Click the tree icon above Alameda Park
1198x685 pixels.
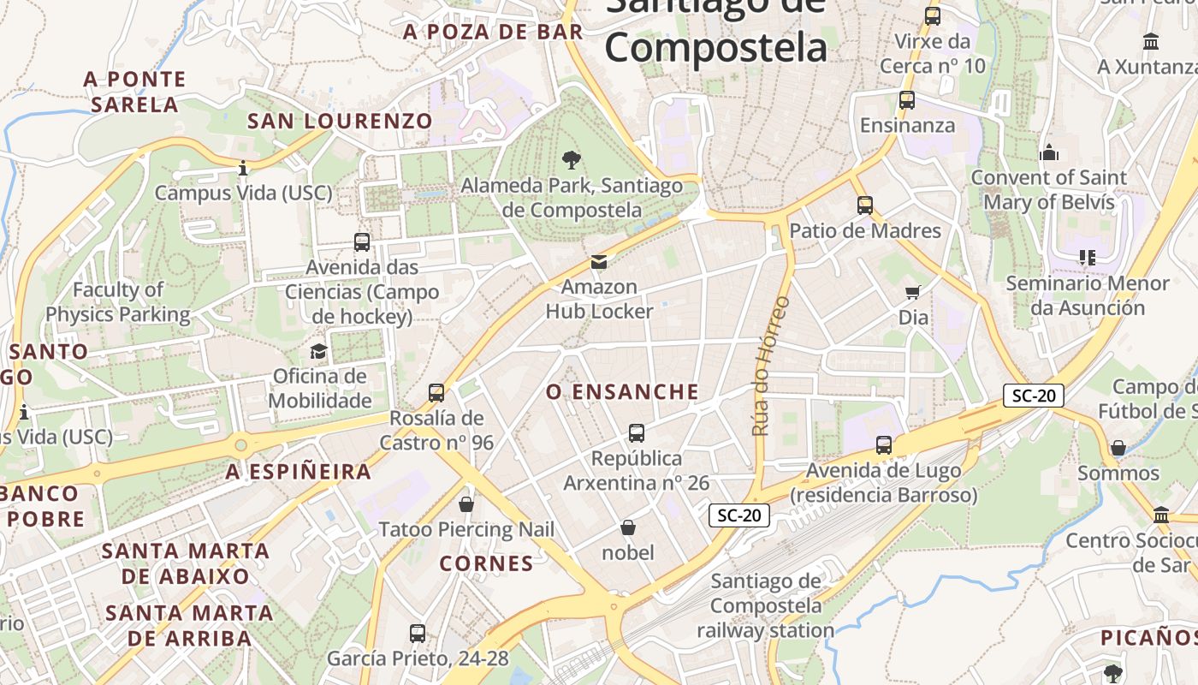(x=571, y=159)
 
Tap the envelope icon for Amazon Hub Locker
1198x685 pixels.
(x=599, y=261)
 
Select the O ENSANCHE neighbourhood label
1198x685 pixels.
(x=622, y=392)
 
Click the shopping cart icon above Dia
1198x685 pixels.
(x=913, y=293)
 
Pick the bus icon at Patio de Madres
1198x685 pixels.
(x=865, y=205)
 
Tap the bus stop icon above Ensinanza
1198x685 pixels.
(x=907, y=100)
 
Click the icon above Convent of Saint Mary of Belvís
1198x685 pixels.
(x=1049, y=153)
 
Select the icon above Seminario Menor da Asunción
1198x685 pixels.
(x=1088, y=258)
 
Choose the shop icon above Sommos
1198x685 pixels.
(x=1118, y=448)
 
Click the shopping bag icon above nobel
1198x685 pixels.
(x=628, y=527)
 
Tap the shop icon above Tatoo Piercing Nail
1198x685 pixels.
(x=466, y=504)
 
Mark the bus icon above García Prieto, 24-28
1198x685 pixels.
(x=418, y=634)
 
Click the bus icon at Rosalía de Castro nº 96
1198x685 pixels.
(x=436, y=393)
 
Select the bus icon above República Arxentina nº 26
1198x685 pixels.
(x=637, y=433)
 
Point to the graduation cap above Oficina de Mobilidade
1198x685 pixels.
(x=319, y=351)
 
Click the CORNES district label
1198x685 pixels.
(x=486, y=563)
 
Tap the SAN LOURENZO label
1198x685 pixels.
(x=340, y=122)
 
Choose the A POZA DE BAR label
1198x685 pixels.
(x=493, y=33)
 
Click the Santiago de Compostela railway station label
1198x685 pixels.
(x=765, y=605)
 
